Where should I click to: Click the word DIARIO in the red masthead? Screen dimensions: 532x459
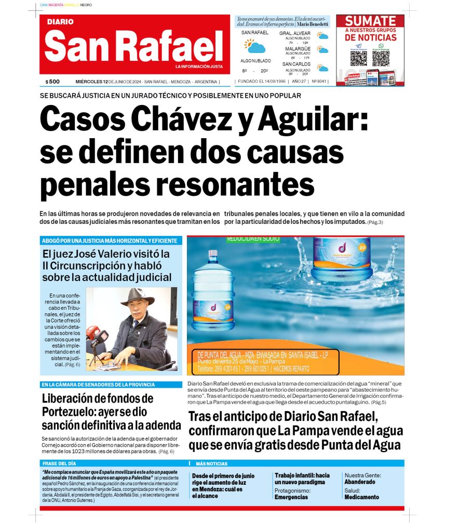coord(60,22)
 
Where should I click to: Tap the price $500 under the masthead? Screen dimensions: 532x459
coord(52,82)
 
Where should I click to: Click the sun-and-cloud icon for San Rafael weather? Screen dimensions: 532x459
coord(255,47)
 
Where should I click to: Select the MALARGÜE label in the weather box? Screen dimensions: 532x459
coord(298,49)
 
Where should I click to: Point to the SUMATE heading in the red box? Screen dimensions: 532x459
coord(370,21)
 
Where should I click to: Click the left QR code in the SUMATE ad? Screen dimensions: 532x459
coord(358,58)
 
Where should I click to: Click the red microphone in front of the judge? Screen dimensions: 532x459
coord(97,333)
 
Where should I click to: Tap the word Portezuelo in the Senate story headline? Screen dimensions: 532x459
coord(72,412)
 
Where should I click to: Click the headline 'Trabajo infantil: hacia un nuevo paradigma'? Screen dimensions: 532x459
coord(302,478)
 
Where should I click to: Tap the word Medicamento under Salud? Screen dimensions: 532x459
coord(361,497)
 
